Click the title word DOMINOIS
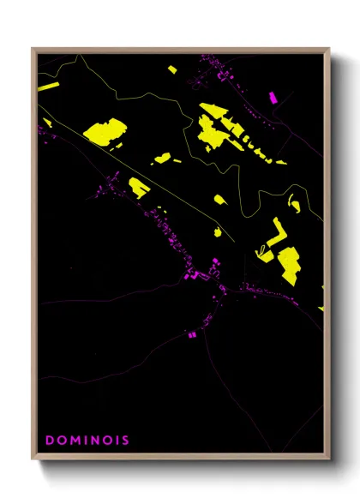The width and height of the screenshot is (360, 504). [x=87, y=441]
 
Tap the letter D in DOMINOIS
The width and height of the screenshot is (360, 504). [x=49, y=441]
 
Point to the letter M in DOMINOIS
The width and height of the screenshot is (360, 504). [x=74, y=441]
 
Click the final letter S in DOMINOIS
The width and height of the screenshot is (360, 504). [x=126, y=441]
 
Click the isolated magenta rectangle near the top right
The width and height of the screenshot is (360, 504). [x=273, y=98]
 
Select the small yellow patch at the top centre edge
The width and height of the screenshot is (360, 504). [x=171, y=69]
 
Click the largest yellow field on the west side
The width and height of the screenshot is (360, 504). [x=105, y=132]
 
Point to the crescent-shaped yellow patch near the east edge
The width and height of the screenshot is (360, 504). [x=294, y=203]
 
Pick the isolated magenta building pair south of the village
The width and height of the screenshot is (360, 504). [x=191, y=333]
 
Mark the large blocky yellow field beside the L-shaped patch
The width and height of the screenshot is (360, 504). [x=288, y=264]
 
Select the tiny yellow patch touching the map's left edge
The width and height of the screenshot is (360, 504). [x=47, y=123]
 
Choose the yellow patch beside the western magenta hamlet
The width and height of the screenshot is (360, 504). [x=139, y=187]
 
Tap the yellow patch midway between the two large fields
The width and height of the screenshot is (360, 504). [x=162, y=158]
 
